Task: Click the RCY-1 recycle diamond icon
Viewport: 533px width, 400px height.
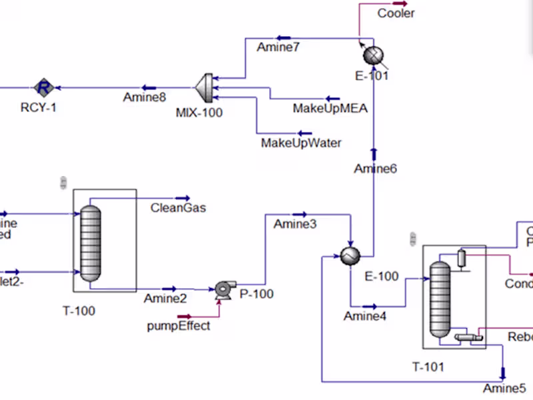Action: [44, 87]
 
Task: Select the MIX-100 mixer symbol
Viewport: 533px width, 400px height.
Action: [204, 87]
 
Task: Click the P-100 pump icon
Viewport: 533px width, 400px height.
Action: [222, 289]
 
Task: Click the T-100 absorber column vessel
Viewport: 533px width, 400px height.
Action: [90, 243]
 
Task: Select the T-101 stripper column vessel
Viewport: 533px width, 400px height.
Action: [439, 298]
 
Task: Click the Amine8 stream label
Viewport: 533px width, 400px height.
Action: [144, 97]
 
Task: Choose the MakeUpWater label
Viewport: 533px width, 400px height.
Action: [301, 143]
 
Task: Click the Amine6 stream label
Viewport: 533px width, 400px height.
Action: [375, 169]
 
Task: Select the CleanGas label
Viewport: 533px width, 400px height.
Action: [178, 207]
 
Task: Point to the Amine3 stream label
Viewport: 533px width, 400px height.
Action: [295, 225]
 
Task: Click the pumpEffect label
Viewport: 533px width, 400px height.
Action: [179, 325]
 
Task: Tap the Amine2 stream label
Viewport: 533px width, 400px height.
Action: [165, 299]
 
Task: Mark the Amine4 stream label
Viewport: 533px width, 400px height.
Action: [364, 316]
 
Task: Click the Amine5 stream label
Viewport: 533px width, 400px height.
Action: [504, 388]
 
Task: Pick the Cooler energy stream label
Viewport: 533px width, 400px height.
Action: [396, 13]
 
